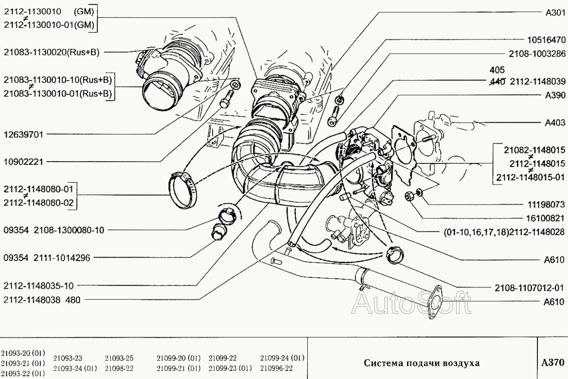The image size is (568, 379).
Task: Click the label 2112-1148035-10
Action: [38, 286]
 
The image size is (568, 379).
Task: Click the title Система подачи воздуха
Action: [422, 363]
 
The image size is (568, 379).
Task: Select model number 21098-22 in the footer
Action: [119, 368]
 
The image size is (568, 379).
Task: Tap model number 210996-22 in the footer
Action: [276, 368]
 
